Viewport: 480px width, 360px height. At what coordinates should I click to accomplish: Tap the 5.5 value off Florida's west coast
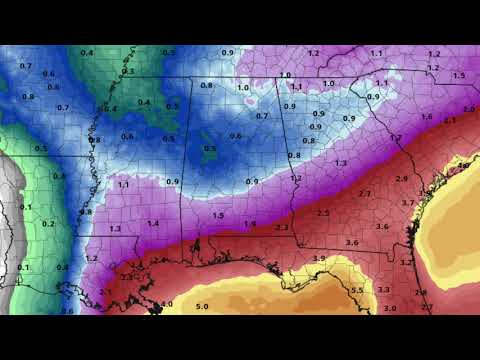(x=357, y=290)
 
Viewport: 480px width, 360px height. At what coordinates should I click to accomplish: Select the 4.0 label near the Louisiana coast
(x=166, y=303)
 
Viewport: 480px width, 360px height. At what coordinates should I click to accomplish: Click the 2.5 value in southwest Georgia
(x=323, y=213)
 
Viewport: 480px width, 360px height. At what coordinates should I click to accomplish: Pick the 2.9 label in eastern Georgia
(x=402, y=178)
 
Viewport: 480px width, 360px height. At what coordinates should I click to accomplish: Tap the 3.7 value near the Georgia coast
(x=407, y=203)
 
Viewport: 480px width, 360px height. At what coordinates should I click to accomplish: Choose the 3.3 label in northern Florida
(x=384, y=290)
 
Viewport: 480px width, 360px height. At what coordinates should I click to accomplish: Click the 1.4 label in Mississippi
(x=153, y=223)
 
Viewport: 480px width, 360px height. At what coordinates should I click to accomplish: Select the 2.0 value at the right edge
(x=469, y=108)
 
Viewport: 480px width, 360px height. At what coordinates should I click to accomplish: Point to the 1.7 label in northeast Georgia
(x=396, y=137)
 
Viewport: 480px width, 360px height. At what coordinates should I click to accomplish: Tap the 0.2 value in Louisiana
(x=49, y=224)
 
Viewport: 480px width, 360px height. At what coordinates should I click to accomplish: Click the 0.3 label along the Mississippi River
(x=127, y=72)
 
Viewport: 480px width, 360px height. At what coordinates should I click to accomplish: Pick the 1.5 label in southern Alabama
(x=217, y=215)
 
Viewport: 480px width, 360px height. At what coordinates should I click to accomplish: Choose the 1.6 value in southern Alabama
(x=250, y=224)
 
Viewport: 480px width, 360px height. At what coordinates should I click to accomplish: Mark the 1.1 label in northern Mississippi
(x=124, y=185)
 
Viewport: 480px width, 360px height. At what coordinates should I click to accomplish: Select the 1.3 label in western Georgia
(x=341, y=162)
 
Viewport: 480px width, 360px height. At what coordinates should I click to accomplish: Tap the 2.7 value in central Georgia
(x=364, y=193)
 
